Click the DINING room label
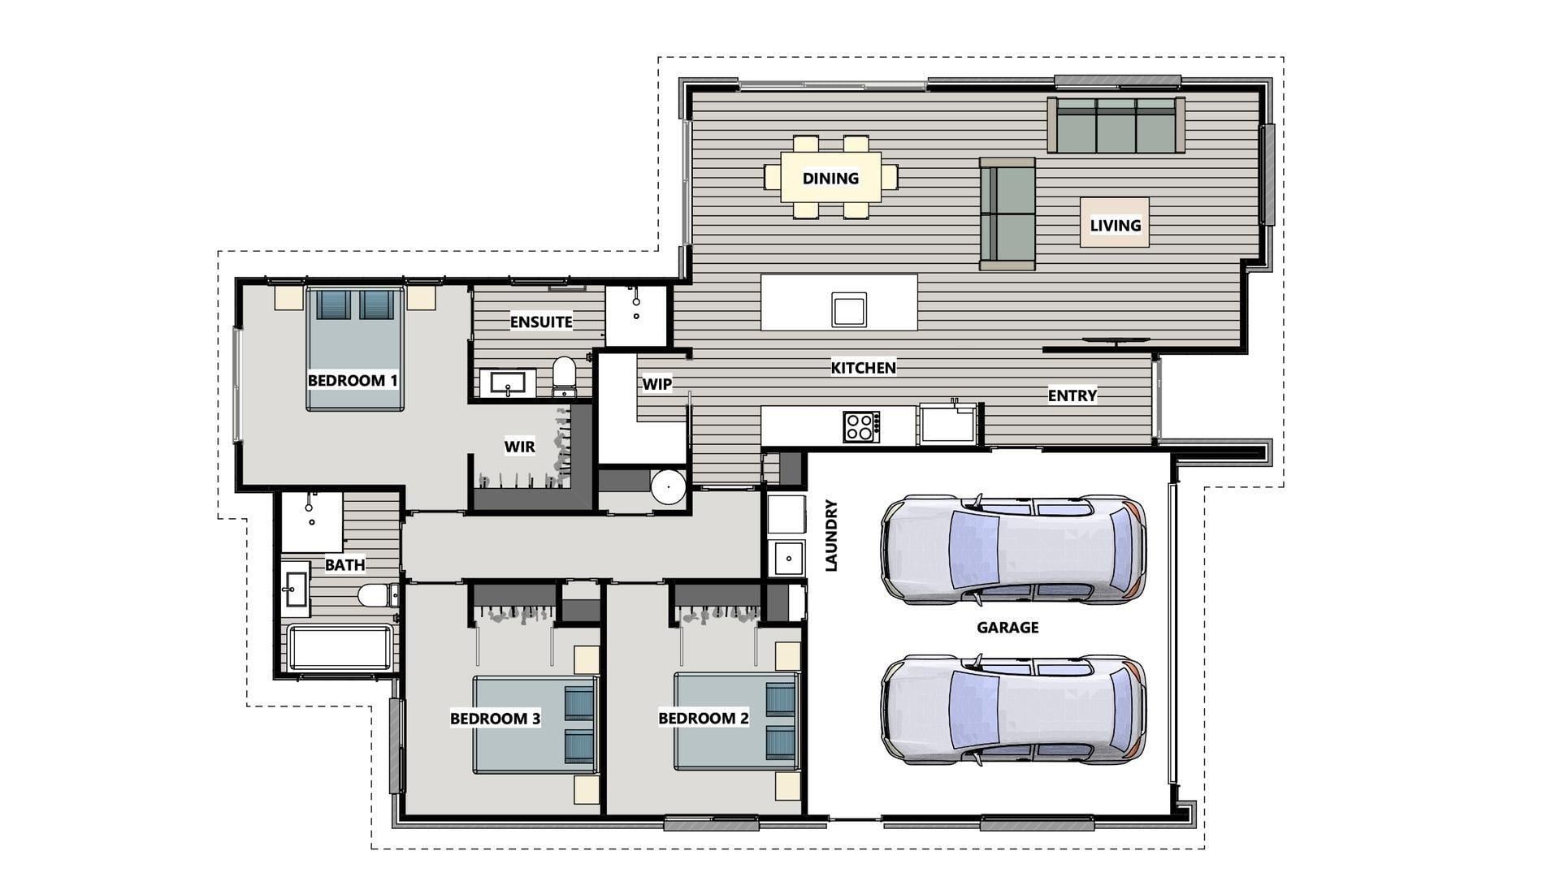point(830,179)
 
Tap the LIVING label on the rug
point(1115,225)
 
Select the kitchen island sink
point(849,309)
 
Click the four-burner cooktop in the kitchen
point(861,426)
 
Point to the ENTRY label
point(1072,395)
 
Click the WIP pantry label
point(656,384)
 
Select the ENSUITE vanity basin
point(508,383)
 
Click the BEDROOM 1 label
point(353,380)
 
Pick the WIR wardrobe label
point(519,446)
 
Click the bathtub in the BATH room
point(340,647)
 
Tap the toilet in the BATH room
point(377,595)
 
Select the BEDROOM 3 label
point(495,719)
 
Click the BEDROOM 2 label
point(703,719)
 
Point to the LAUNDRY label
point(831,536)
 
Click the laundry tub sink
point(787,559)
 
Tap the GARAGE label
point(1007,627)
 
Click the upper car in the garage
point(1013,548)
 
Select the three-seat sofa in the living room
point(1116,125)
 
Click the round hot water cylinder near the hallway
point(669,487)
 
